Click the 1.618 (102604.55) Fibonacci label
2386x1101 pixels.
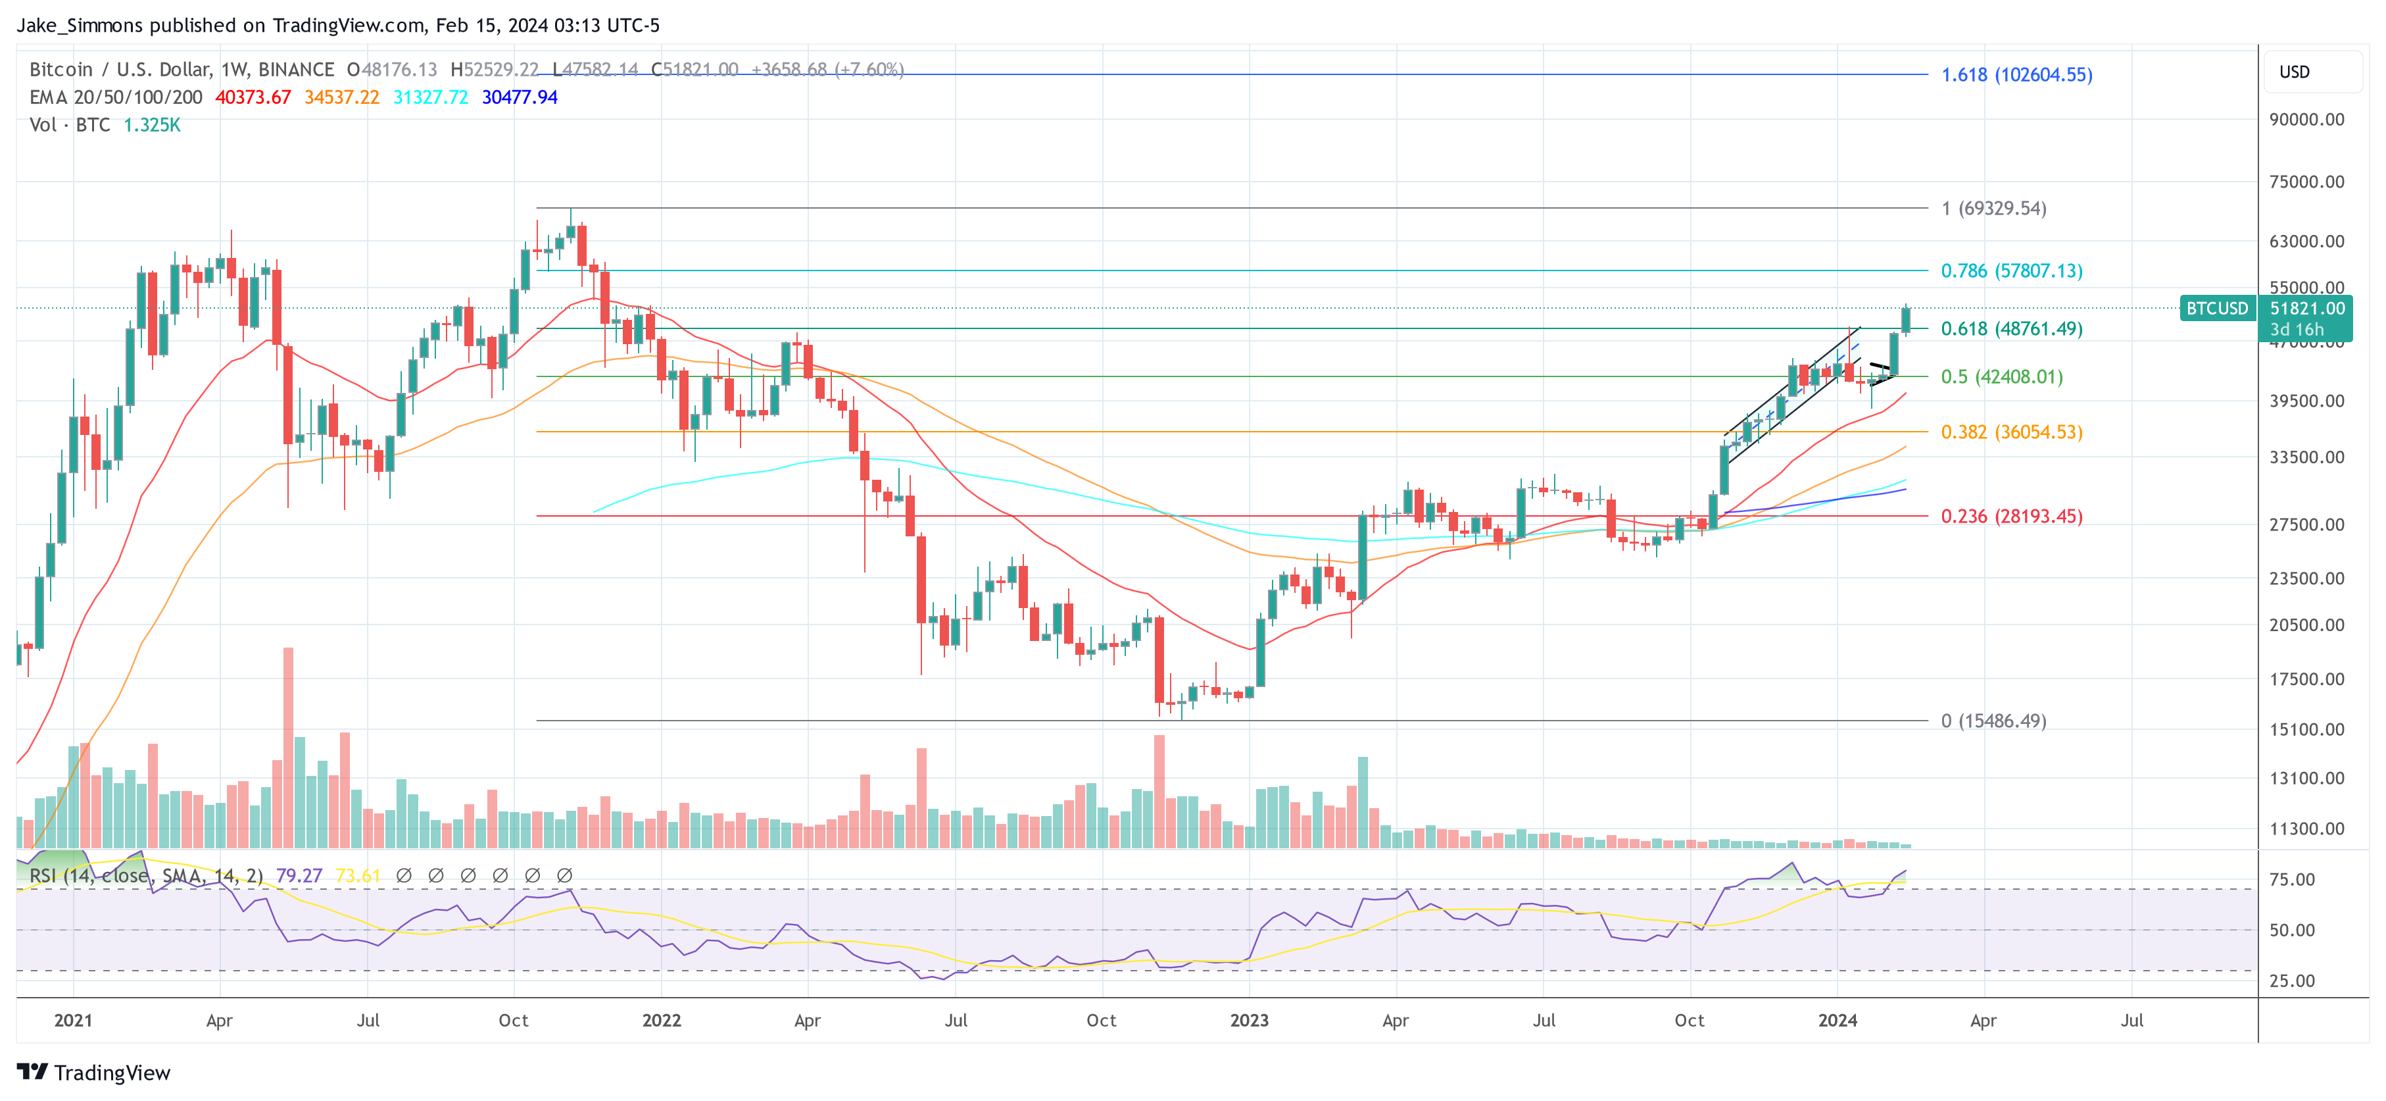click(x=2016, y=74)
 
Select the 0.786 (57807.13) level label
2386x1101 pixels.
click(x=2011, y=270)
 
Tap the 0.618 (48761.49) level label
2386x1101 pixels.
click(x=2011, y=329)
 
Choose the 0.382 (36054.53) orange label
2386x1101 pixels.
click(x=2011, y=432)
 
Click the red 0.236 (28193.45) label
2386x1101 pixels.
click(x=2011, y=516)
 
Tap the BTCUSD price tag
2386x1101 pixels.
click(x=2216, y=309)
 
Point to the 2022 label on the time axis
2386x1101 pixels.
click(x=662, y=1020)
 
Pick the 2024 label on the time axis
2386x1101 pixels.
click(x=1837, y=1020)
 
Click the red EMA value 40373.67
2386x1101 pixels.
click(x=253, y=97)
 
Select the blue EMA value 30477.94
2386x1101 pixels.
click(x=519, y=97)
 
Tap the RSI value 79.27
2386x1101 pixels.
click(x=299, y=876)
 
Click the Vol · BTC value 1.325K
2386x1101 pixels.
click(x=152, y=125)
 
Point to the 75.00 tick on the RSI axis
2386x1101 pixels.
click(x=2291, y=879)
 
